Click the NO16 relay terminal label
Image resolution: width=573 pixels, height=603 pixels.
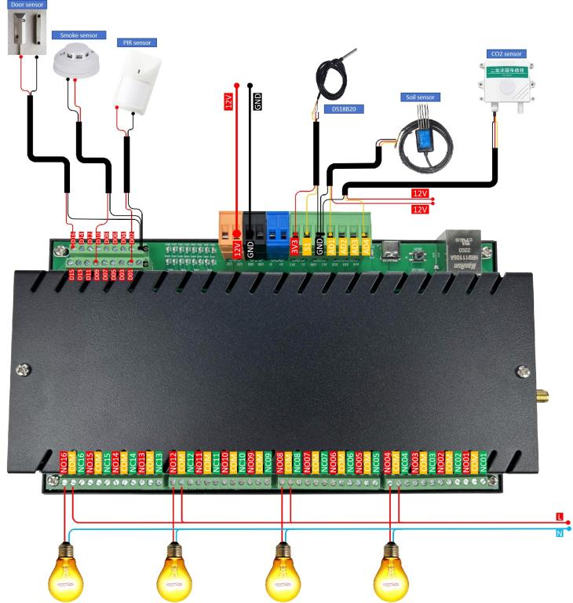coord(64,462)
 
